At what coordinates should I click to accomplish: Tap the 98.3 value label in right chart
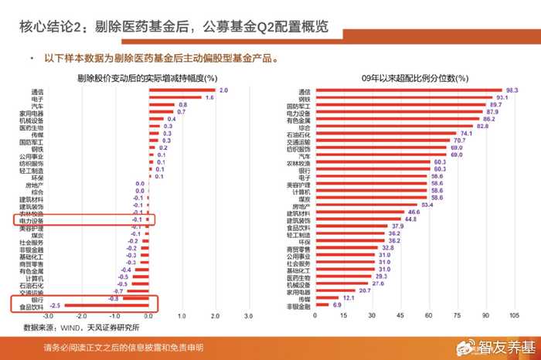pos(511,91)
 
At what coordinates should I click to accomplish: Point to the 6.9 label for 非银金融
pos(337,305)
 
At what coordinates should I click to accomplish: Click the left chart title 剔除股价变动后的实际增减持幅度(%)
pos(147,78)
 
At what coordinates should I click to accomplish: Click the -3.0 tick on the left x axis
pos(48,315)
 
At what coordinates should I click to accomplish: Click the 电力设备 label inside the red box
pos(32,219)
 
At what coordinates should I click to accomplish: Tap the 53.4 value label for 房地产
pos(427,205)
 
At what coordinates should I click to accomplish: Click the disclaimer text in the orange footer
pos(124,348)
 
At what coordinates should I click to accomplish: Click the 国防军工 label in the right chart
pos(298,105)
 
